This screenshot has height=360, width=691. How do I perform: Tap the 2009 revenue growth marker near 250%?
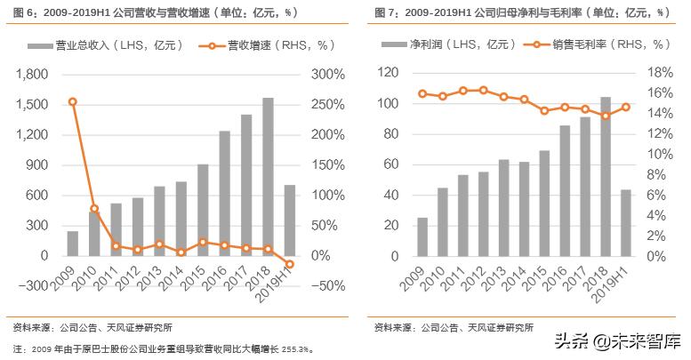[72, 102]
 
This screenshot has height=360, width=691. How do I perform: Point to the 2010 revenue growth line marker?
[94, 209]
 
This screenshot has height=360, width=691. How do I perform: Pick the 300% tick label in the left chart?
[326, 74]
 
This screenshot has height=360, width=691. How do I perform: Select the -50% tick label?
[326, 285]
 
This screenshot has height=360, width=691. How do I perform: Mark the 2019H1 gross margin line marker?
[627, 107]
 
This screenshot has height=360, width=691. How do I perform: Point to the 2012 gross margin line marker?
[483, 90]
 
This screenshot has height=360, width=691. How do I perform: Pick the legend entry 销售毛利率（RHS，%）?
[596, 44]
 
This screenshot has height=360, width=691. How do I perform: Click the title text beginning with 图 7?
[516, 12]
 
